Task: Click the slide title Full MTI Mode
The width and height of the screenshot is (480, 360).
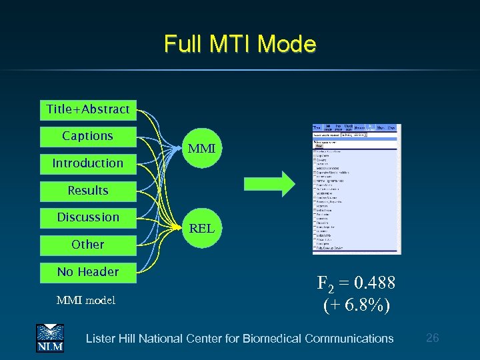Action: [239, 44]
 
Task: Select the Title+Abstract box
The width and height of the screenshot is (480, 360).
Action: [88, 109]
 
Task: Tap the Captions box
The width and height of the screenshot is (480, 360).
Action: [88, 136]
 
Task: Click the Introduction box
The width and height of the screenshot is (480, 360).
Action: [88, 163]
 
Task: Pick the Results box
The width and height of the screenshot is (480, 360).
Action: [88, 191]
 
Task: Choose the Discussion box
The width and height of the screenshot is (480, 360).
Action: [88, 217]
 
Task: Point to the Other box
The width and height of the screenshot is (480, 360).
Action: [88, 245]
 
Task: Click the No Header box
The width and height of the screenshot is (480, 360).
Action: [88, 272]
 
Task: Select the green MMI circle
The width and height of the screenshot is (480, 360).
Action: [201, 149]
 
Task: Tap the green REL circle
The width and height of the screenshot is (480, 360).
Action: [201, 229]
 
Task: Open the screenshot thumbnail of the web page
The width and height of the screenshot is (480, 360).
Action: [356, 189]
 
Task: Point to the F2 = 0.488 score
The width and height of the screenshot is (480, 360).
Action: [356, 284]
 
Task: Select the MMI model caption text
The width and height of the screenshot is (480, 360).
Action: [85, 301]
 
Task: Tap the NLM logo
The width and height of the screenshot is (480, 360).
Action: [49, 337]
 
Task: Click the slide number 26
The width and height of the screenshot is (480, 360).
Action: [432, 338]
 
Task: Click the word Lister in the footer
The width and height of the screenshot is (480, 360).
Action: [101, 339]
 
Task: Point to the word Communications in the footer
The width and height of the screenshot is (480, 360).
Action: [349, 339]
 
